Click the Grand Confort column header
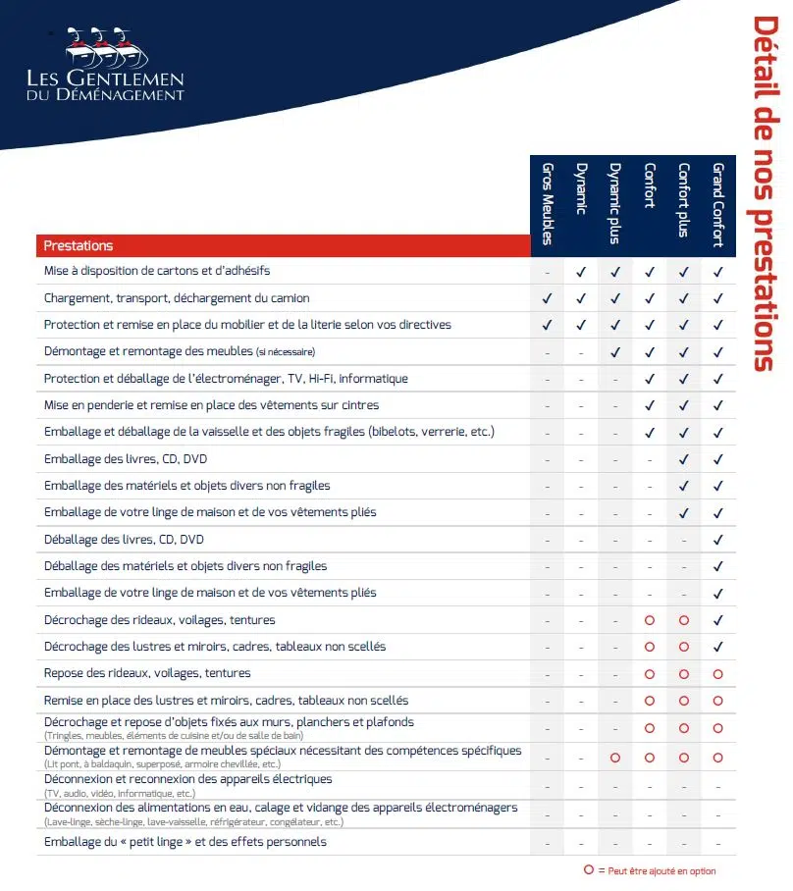click(x=718, y=204)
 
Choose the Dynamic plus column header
click(x=615, y=204)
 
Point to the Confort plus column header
click(x=684, y=204)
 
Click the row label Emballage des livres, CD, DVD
click(x=126, y=458)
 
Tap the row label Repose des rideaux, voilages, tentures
click(x=147, y=673)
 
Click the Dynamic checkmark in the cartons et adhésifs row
click(x=581, y=272)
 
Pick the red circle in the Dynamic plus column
click(x=615, y=758)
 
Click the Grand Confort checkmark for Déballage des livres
click(x=718, y=540)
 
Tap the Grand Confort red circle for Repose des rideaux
click(x=718, y=674)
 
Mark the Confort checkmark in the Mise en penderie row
click(x=650, y=405)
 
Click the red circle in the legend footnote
click(x=588, y=869)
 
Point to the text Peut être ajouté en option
click(x=662, y=870)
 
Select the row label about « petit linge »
click(x=185, y=842)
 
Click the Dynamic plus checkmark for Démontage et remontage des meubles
click(x=615, y=352)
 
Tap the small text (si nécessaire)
click(x=286, y=352)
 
